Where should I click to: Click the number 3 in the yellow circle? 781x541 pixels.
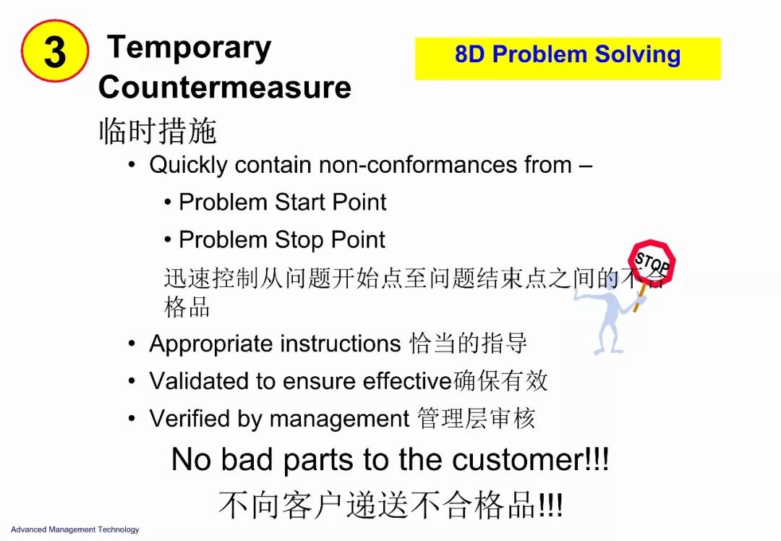[x=55, y=52]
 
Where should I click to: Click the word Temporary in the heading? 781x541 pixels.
[x=189, y=48]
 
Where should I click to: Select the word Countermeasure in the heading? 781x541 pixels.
[x=225, y=88]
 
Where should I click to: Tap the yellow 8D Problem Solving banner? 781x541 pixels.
[x=568, y=59]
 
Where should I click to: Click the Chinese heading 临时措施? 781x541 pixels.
[x=158, y=131]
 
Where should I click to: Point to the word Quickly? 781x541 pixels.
[x=188, y=166]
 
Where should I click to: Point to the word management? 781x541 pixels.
[x=339, y=419]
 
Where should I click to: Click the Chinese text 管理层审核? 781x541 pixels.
[x=476, y=419]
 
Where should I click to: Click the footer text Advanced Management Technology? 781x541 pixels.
[x=74, y=529]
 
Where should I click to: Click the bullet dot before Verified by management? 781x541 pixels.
[x=132, y=419]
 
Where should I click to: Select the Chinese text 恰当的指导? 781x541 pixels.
[x=468, y=344]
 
